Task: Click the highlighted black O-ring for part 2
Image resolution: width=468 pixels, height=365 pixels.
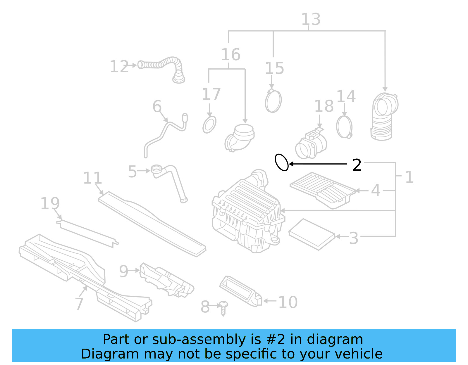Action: tap(282, 162)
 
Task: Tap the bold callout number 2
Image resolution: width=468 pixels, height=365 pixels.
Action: tap(357, 165)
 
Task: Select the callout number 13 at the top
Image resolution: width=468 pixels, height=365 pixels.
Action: tap(311, 20)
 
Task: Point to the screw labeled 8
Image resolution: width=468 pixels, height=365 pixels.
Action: tap(223, 308)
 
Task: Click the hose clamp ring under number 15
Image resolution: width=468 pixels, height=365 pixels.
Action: tap(273, 101)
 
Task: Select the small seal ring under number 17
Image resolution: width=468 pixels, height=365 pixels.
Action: tap(209, 124)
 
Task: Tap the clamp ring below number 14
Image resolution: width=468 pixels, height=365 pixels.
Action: tap(344, 127)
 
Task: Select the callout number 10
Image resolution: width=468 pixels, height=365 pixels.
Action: tap(288, 302)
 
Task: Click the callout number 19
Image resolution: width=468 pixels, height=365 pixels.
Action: tap(50, 203)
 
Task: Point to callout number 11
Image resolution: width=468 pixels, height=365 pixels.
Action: tap(92, 178)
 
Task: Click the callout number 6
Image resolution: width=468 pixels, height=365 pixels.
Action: tap(157, 106)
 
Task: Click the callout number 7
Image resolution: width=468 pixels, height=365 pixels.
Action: tap(79, 304)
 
